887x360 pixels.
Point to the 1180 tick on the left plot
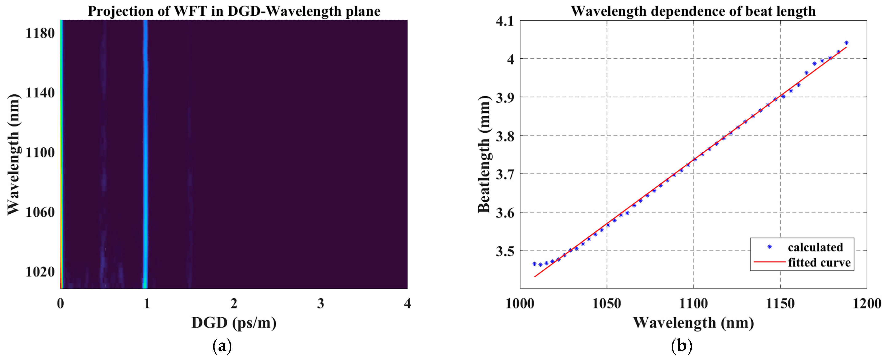pyautogui.click(x=40, y=33)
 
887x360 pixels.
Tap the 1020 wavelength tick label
pyautogui.click(x=40, y=272)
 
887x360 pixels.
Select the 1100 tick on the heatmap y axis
pyautogui.click(x=40, y=153)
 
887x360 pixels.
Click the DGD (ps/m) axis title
pyautogui.click(x=234, y=323)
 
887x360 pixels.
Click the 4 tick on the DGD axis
pyautogui.click(x=407, y=304)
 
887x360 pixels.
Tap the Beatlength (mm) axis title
pyautogui.click(x=484, y=154)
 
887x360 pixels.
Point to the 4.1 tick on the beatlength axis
pyautogui.click(x=505, y=21)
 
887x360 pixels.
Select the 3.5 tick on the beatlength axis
pyautogui.click(x=505, y=251)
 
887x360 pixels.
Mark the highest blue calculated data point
pyautogui.click(x=846, y=43)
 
